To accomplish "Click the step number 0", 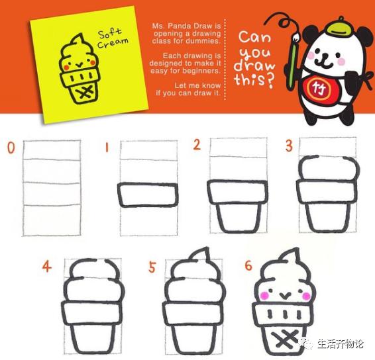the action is [x=11, y=148].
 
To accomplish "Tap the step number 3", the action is [x=289, y=146].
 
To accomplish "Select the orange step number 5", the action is [x=152, y=267].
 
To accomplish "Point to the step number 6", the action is [x=248, y=265].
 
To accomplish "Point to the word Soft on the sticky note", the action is [x=110, y=34].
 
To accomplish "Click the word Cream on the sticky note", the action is [x=113, y=43].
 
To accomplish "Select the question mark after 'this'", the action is [x=270, y=81].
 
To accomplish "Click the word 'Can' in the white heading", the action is [x=255, y=37].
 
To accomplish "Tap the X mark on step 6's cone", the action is [x=285, y=339].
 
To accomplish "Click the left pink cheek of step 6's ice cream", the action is [x=264, y=296].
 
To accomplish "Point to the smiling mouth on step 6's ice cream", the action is [x=284, y=296].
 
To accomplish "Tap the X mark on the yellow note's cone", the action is [x=86, y=93].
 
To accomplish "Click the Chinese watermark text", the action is [x=341, y=344].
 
